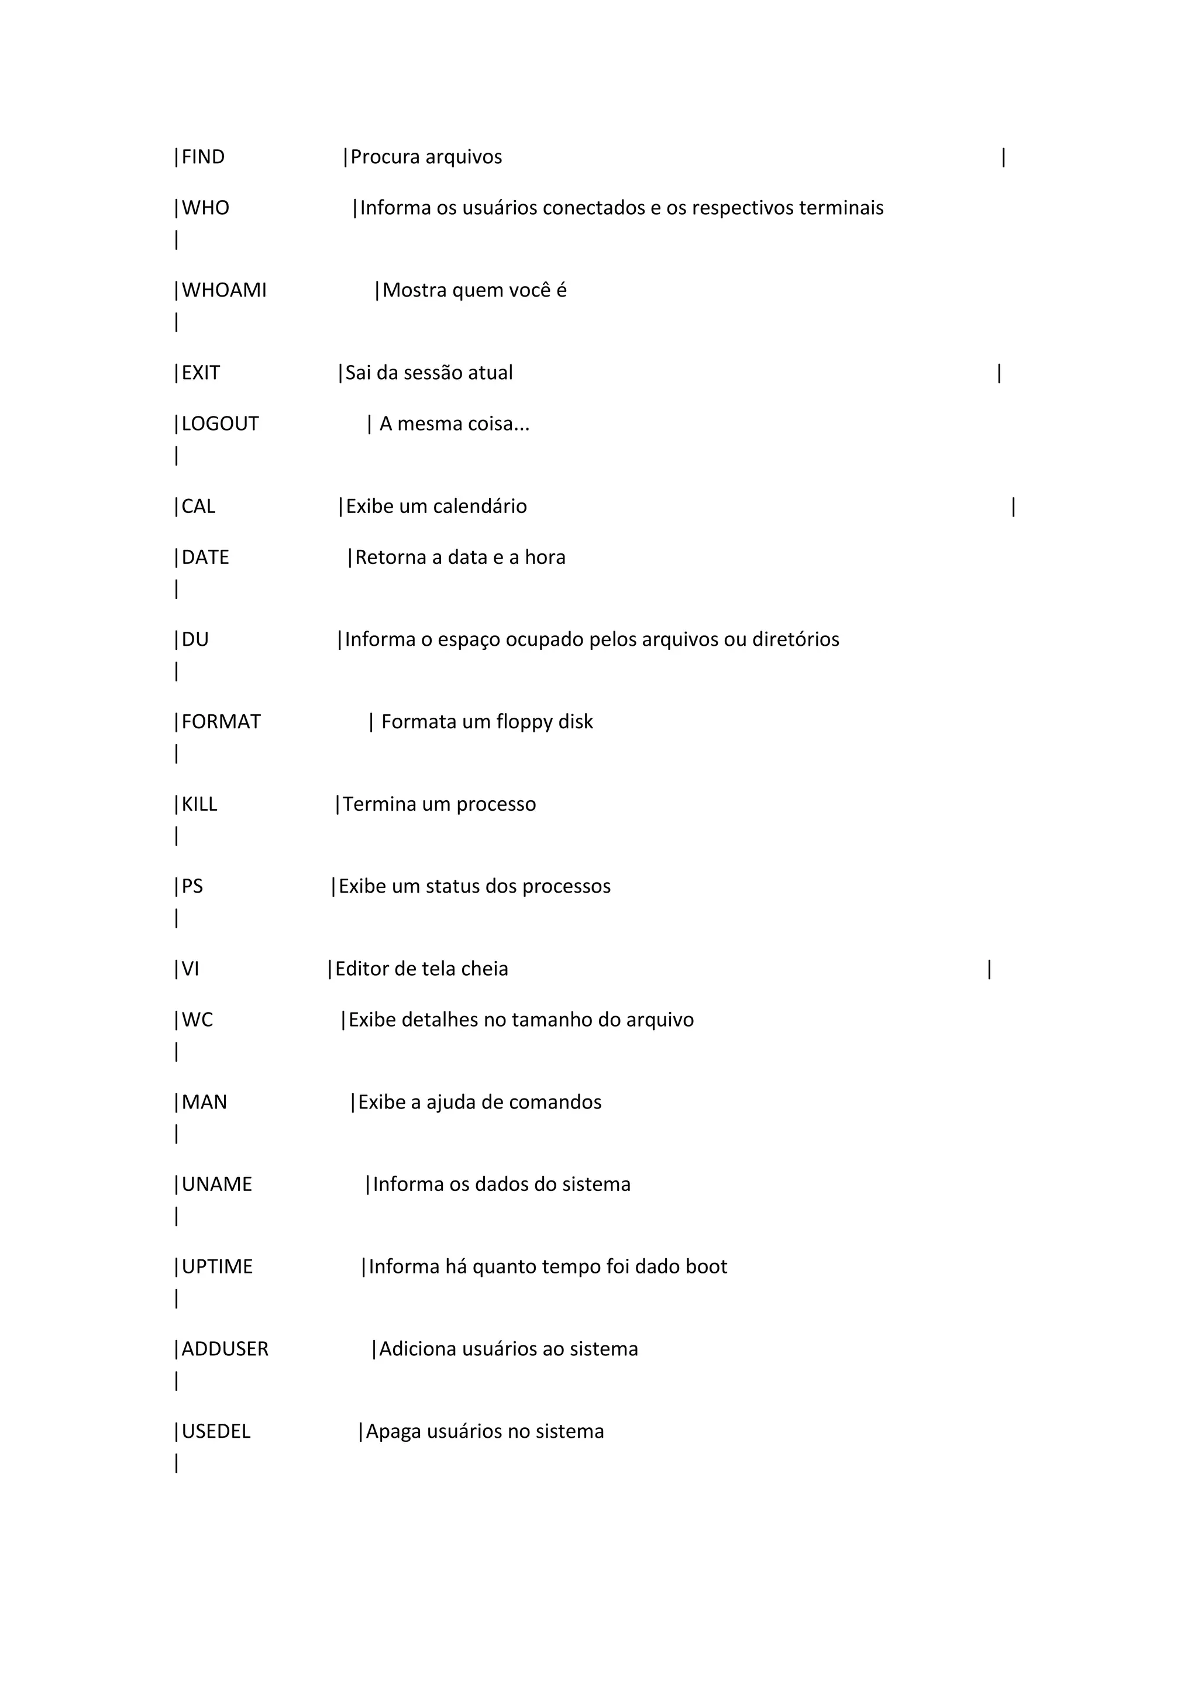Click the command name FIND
click(203, 157)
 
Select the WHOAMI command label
click(224, 291)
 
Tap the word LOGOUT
click(220, 424)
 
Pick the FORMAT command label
click(221, 722)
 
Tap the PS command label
click(192, 887)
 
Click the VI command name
click(190, 969)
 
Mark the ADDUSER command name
click(225, 1349)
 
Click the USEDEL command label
click(216, 1432)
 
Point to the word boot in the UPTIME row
click(706, 1267)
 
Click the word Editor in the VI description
click(362, 969)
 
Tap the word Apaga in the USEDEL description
click(393, 1432)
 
